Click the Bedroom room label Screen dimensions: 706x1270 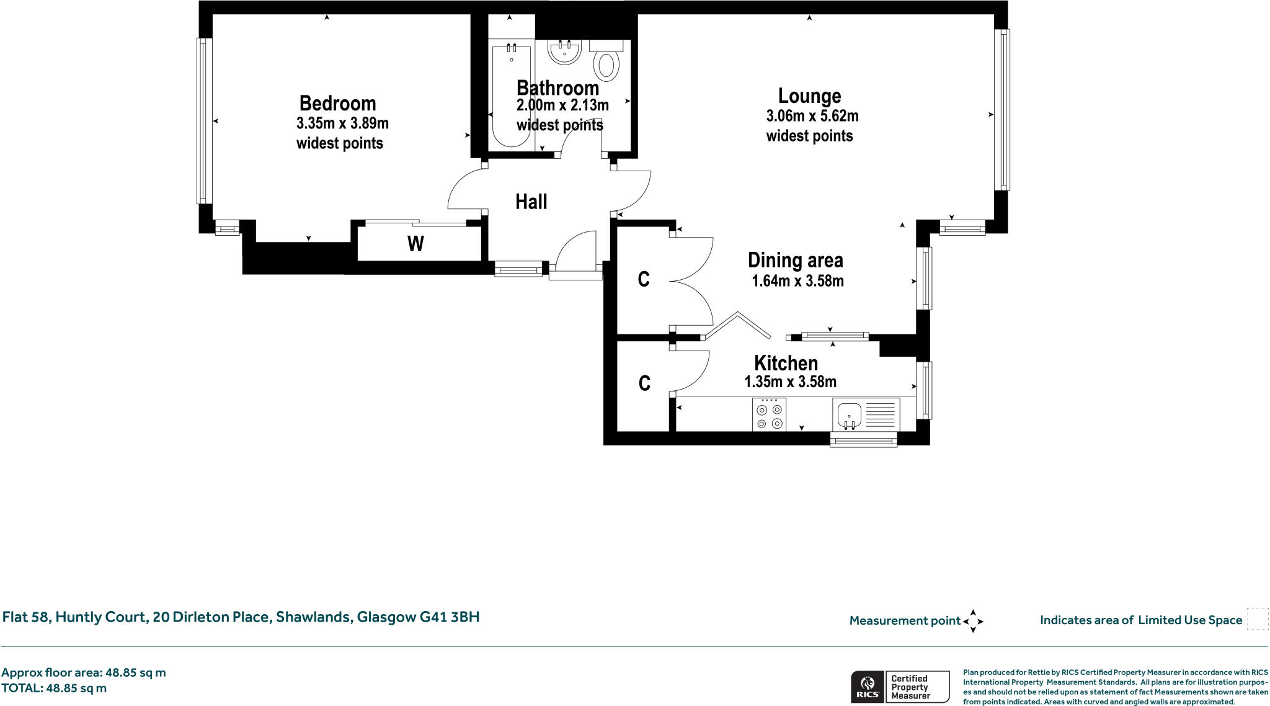click(337, 104)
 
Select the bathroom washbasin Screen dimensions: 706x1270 click(564, 52)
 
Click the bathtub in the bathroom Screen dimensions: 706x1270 click(512, 96)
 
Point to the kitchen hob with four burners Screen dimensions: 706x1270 click(769, 415)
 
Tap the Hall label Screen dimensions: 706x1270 click(531, 202)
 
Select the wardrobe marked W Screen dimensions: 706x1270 click(416, 244)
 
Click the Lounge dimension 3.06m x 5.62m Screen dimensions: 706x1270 click(812, 116)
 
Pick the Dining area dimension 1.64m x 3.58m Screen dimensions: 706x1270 click(797, 281)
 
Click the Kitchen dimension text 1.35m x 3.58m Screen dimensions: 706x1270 click(790, 382)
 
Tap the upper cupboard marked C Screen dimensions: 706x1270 click(644, 279)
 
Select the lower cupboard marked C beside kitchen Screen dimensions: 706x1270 click(644, 383)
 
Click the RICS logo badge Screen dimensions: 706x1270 click(868, 687)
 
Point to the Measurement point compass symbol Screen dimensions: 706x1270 click(973, 620)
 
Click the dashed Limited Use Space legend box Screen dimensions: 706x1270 click(1257, 619)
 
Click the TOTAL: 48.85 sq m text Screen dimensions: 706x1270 click(54, 688)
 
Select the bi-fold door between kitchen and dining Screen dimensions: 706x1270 click(737, 326)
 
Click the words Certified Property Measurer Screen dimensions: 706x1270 click(910, 687)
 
